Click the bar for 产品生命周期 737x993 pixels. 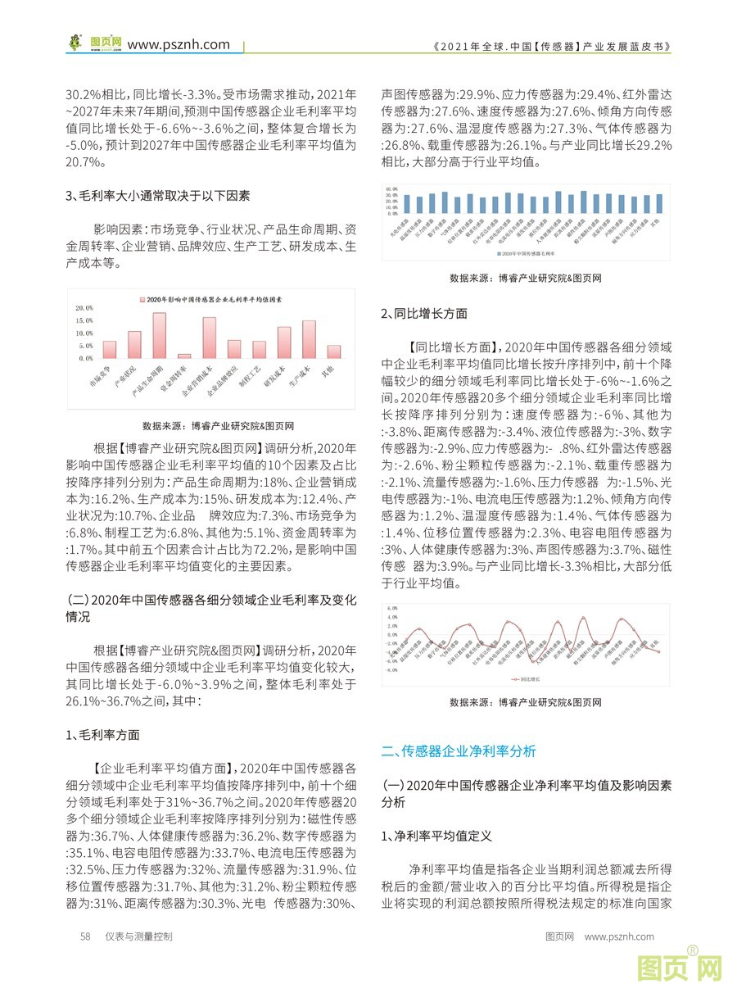[159, 336]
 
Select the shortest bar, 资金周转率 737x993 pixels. [184, 356]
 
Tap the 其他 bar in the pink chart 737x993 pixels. [333, 351]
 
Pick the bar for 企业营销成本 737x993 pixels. [209, 338]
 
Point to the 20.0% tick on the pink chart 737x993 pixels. [85, 308]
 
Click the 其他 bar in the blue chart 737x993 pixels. [660, 203]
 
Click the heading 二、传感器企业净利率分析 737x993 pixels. [459, 750]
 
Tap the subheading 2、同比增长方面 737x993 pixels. [425, 313]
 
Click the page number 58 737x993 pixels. [84, 936]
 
